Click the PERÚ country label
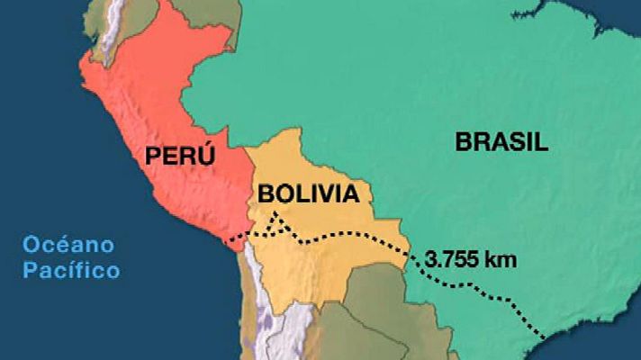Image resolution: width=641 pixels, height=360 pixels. tap(180, 156)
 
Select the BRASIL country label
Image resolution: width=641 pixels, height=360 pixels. tap(501, 141)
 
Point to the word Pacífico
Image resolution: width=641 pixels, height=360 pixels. tap(71, 269)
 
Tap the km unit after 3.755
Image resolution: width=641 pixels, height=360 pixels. tap(500, 261)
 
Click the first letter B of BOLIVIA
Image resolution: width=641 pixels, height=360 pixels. tap(265, 193)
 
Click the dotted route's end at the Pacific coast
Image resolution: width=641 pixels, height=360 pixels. tap(230, 239)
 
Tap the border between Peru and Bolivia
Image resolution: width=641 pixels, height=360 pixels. tap(249, 193)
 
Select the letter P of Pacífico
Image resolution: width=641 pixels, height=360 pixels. tap(31, 269)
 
